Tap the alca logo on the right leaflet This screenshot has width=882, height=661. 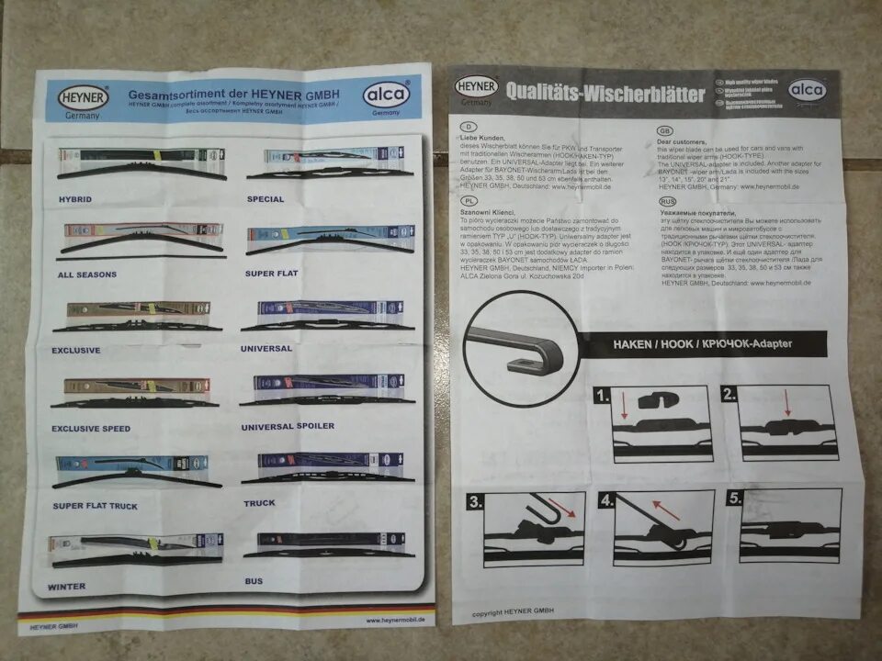(807, 90)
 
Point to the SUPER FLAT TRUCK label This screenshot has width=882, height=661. (95, 506)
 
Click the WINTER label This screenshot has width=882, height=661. (67, 586)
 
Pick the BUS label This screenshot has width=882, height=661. (254, 581)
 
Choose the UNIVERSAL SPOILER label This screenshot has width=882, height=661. (288, 426)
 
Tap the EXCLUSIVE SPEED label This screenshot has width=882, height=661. (91, 429)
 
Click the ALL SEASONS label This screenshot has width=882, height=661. (91, 274)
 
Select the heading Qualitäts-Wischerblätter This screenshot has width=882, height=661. (605, 94)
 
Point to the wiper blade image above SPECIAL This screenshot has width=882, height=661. (328, 163)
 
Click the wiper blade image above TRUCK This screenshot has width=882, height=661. (328, 467)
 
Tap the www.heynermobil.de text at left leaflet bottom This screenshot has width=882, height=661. (387, 621)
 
